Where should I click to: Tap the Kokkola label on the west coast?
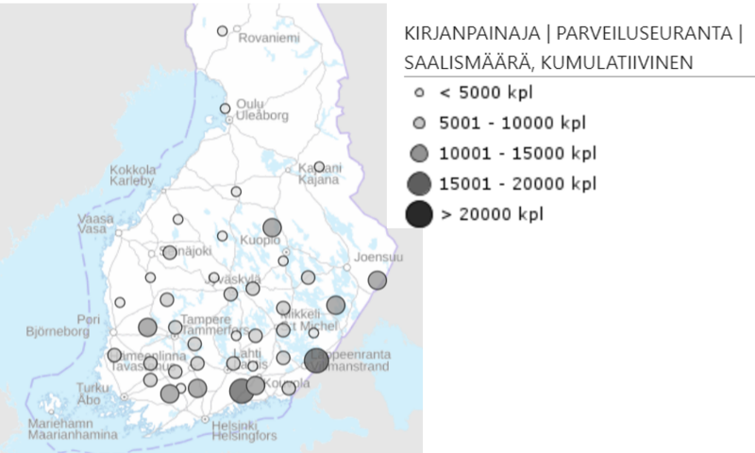pos(132,171)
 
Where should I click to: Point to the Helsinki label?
pos(242,426)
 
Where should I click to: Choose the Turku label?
pos(92,387)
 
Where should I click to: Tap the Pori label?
pos(91,320)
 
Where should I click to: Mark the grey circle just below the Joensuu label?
pos(377,280)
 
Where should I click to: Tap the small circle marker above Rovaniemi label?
pos(223,31)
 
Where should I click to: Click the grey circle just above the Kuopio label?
pos(273,227)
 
